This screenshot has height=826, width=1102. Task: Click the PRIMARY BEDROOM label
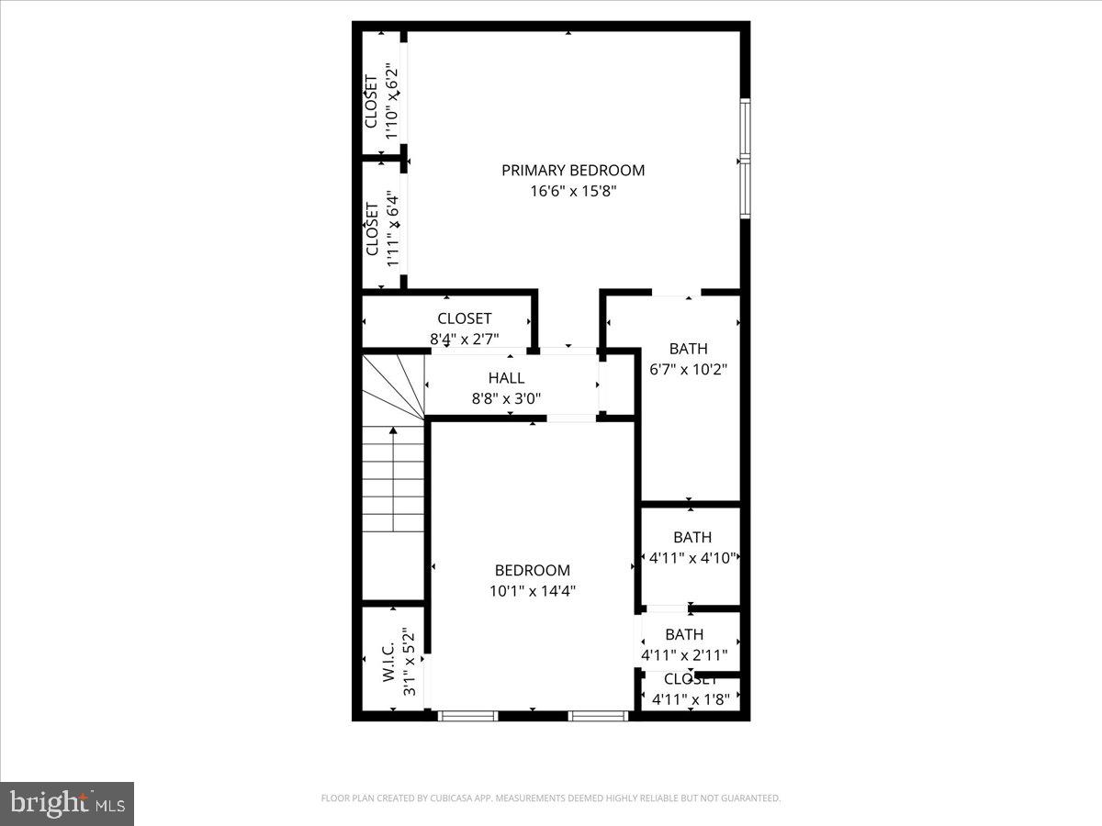572,170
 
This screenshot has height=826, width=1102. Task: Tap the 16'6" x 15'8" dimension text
572,192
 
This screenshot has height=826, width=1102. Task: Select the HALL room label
506,378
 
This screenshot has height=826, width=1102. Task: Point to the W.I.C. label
388,661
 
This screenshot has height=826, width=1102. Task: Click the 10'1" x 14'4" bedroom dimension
533,591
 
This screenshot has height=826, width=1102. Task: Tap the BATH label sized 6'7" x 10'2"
688,349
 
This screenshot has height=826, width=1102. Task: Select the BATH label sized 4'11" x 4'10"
692,537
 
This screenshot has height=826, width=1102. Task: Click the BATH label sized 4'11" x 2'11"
684,634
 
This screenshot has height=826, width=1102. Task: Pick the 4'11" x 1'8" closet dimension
691,700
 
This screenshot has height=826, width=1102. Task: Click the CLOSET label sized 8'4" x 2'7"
464,318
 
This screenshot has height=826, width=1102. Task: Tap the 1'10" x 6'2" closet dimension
392,101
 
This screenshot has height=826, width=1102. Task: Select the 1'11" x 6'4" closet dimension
392,229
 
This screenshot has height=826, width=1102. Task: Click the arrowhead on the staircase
393,430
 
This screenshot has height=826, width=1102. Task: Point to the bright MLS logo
67,804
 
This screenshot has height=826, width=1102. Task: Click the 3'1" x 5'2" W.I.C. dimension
410,661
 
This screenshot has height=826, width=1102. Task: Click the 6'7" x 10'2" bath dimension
689,370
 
